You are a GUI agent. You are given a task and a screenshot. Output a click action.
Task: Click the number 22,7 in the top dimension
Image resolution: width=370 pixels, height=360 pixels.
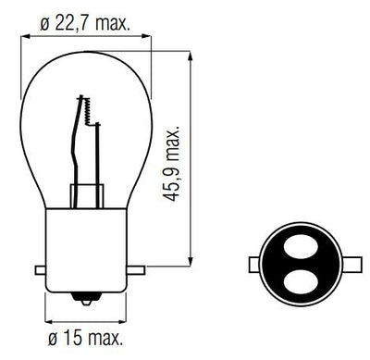click(x=72, y=19)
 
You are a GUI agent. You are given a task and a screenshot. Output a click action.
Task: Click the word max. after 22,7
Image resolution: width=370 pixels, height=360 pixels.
click(x=116, y=19)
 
